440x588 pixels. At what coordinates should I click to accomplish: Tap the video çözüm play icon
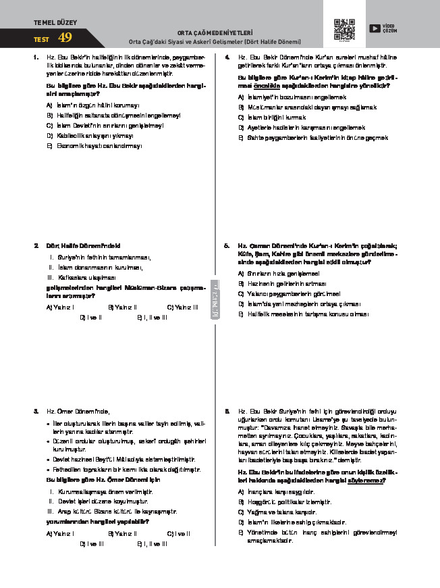click(374, 28)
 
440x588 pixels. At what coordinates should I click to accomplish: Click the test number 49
click(65, 37)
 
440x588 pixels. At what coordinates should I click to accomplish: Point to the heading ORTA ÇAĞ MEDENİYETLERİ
click(215, 32)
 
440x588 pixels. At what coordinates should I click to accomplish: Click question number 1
click(35, 57)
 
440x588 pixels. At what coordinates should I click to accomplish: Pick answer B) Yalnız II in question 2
click(121, 307)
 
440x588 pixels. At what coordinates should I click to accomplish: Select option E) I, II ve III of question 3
click(151, 543)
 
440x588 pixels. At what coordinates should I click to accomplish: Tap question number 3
click(35, 411)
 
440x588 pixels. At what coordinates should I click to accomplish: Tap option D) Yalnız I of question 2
click(90, 316)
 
